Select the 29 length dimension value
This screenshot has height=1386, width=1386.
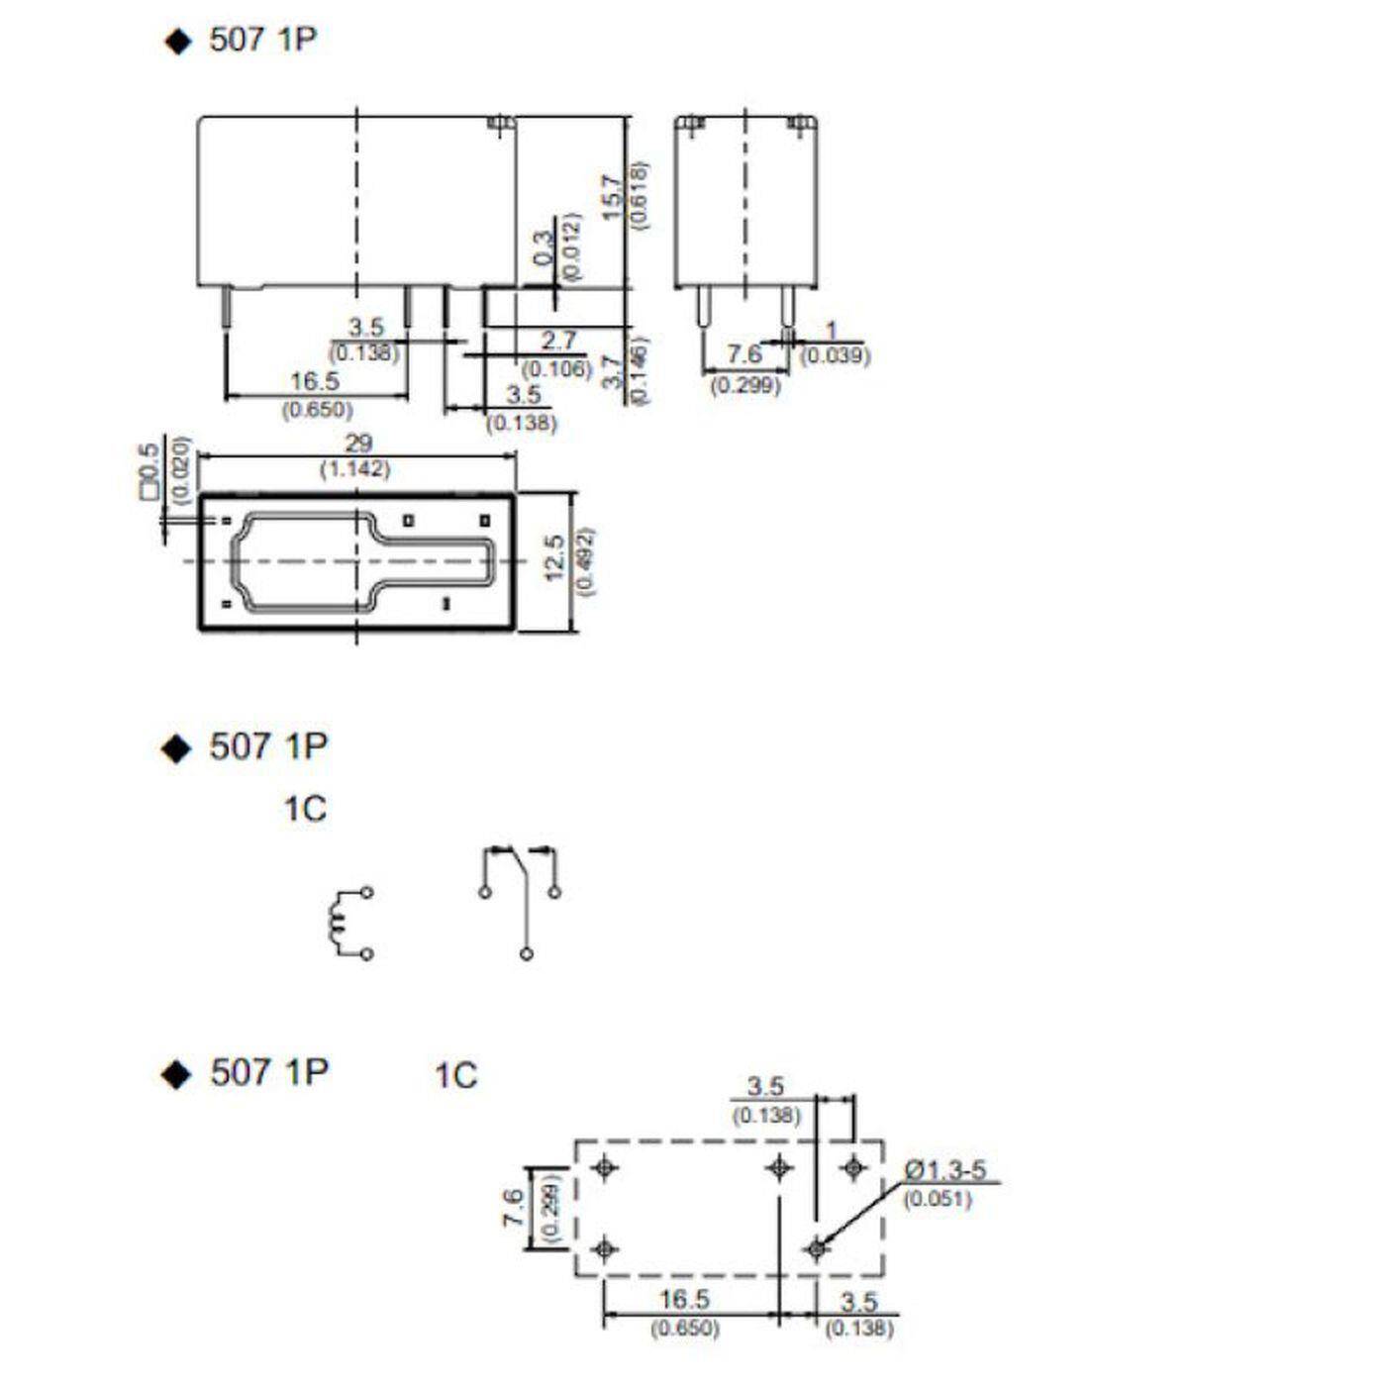point(357,444)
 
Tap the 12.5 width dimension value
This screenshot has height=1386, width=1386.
point(556,557)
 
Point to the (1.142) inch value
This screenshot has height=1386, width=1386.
point(355,469)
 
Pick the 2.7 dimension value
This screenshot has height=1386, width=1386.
point(558,341)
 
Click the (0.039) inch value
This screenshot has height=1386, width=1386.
point(835,354)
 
